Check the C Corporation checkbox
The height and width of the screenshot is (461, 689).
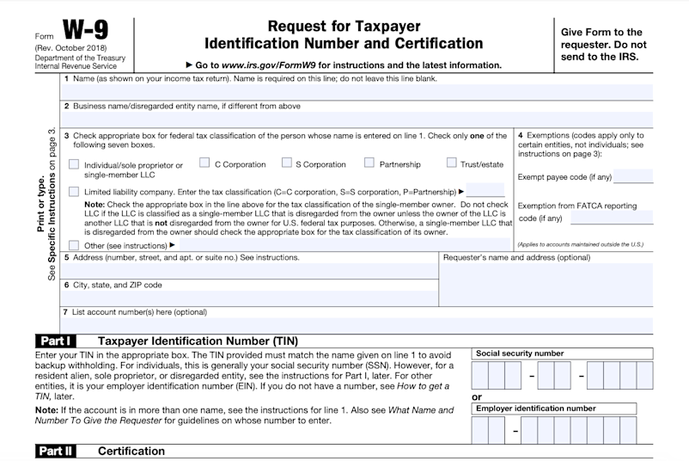point(204,163)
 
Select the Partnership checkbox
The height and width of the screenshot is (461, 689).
point(369,163)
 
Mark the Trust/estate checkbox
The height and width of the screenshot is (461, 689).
point(452,163)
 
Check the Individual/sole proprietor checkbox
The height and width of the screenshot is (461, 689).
point(74,164)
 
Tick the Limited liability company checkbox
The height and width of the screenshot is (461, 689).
point(74,191)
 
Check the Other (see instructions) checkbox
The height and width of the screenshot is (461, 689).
point(74,244)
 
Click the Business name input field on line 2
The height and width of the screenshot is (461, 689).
point(357,120)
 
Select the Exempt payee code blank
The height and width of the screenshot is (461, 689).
point(633,177)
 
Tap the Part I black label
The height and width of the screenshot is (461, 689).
point(56,341)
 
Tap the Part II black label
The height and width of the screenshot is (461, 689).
point(57,451)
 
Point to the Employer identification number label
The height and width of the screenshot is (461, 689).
point(535,409)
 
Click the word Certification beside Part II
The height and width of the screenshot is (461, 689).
point(131,451)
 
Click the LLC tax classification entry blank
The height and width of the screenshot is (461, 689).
point(485,191)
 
